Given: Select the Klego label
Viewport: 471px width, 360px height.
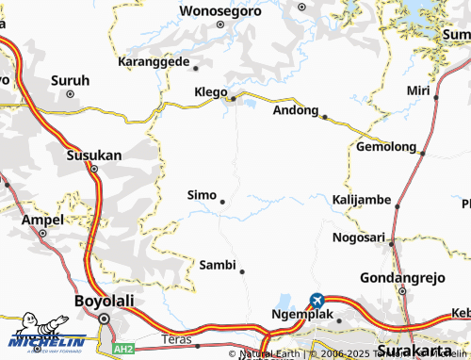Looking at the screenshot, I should click(210, 92).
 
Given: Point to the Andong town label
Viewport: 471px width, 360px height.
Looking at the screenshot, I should click(295, 109).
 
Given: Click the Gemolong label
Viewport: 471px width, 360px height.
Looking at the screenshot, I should click(386, 147).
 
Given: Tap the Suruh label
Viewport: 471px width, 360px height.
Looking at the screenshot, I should click(71, 80).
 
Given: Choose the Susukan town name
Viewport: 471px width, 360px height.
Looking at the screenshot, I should click(93, 155).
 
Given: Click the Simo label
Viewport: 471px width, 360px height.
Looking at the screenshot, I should click(202, 194).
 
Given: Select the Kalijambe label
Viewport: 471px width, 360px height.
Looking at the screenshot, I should click(362, 200).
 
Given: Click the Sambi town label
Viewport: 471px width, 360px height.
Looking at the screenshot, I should click(217, 265).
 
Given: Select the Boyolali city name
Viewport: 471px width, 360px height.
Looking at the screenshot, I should click(105, 301).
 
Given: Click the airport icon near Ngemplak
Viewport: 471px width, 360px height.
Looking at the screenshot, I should click(317, 300).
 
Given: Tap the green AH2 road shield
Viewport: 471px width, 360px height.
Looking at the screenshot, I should click(122, 349).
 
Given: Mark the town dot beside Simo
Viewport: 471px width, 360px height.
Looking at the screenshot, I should click(222, 202).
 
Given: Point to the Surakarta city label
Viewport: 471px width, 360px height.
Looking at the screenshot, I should click(414, 350).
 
